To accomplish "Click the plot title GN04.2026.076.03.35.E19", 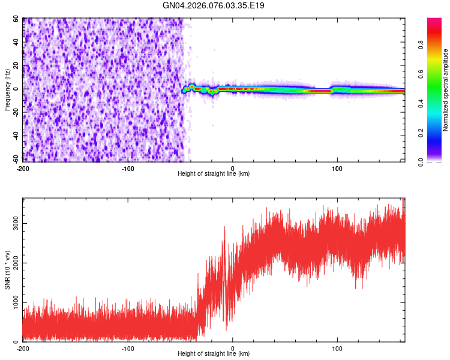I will click(x=214, y=5).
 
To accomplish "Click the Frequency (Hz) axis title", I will click(x=7, y=91).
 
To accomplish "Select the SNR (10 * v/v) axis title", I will click(x=7, y=269).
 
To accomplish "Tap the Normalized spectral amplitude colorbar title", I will click(x=445, y=90).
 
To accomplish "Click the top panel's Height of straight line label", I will click(x=214, y=173).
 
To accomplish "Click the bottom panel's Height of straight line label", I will click(x=214, y=353).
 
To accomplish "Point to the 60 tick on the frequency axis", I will click(x=16, y=19).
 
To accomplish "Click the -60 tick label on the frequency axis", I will click(x=14, y=159).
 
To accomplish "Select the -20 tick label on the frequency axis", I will click(x=14, y=112).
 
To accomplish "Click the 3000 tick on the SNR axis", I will click(x=13, y=224).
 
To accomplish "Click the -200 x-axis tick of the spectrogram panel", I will click(x=23, y=167).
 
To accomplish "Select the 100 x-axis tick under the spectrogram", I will click(x=337, y=167).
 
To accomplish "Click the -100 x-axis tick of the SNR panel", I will click(x=127, y=348).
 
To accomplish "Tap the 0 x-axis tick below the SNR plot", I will click(x=233, y=348).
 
